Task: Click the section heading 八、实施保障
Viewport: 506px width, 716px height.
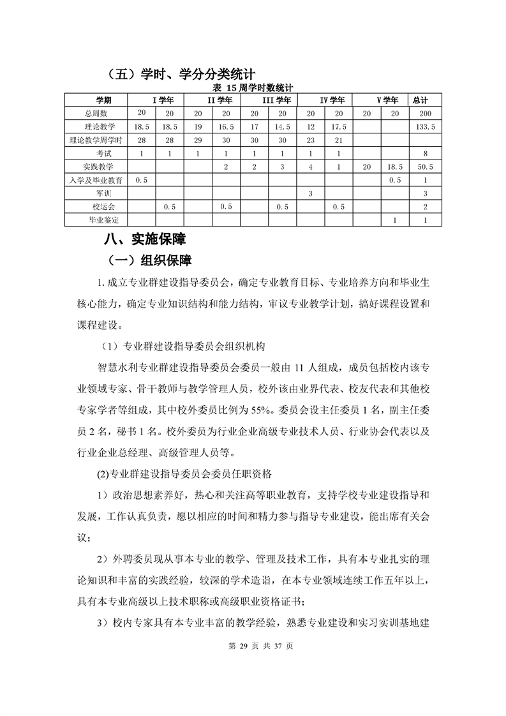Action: point(145,240)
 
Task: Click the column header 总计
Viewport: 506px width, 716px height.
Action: point(420,100)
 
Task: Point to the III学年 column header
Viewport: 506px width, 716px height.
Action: point(277,100)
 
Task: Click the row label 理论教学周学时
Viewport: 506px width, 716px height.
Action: point(95,140)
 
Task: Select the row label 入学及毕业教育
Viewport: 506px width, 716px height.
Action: point(96,180)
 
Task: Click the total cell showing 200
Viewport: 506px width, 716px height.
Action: point(420,113)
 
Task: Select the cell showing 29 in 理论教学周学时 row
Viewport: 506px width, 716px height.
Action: point(198,140)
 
